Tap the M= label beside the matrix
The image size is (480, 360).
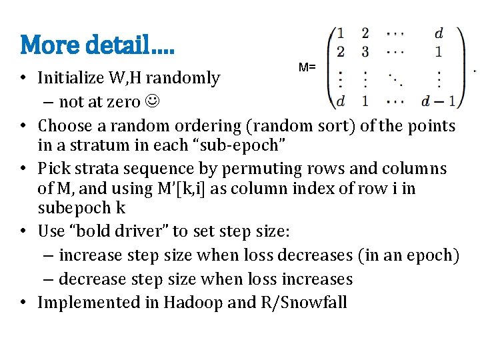[x=307, y=67]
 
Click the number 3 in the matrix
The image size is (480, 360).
[x=365, y=51]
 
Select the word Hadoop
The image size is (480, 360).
[x=190, y=302]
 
